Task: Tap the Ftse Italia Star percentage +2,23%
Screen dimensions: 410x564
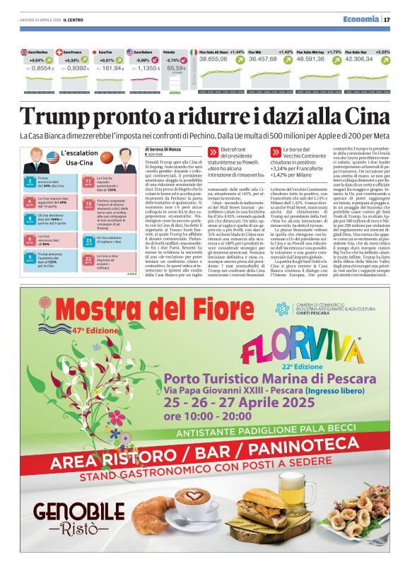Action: (x=382, y=52)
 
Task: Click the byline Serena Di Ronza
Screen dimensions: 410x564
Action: (x=163, y=148)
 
